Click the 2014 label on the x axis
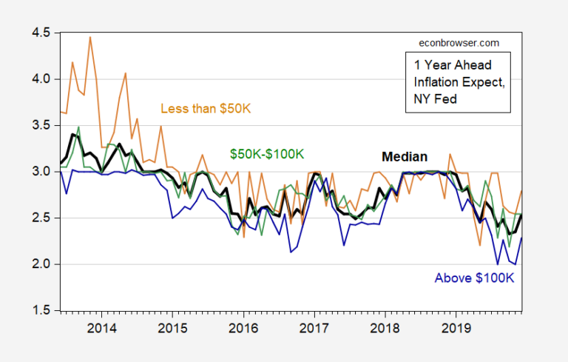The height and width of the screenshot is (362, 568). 99,327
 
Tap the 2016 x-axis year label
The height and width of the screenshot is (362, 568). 243,327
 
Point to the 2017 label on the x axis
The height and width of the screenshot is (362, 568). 315,327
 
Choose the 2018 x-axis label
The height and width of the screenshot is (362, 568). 387,327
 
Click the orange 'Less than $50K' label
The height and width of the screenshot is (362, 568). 206,109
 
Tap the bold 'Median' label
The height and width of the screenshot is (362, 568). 404,156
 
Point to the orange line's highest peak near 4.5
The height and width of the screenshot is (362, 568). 90,37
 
